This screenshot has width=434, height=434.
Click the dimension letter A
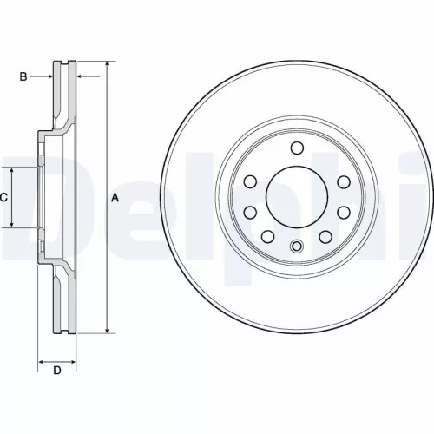pyautogui.click(x=114, y=198)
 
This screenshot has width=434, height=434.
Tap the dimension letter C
pyautogui.click(x=4, y=198)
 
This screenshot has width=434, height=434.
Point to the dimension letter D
pyautogui.click(x=56, y=372)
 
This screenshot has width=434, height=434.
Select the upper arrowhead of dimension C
pyautogui.click(x=12, y=170)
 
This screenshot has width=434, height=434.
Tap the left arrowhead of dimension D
pyautogui.click(x=40, y=358)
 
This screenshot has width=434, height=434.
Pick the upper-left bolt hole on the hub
pyautogui.click(x=250, y=181)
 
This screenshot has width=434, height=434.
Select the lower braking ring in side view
pyautogui.click(x=65, y=299)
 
